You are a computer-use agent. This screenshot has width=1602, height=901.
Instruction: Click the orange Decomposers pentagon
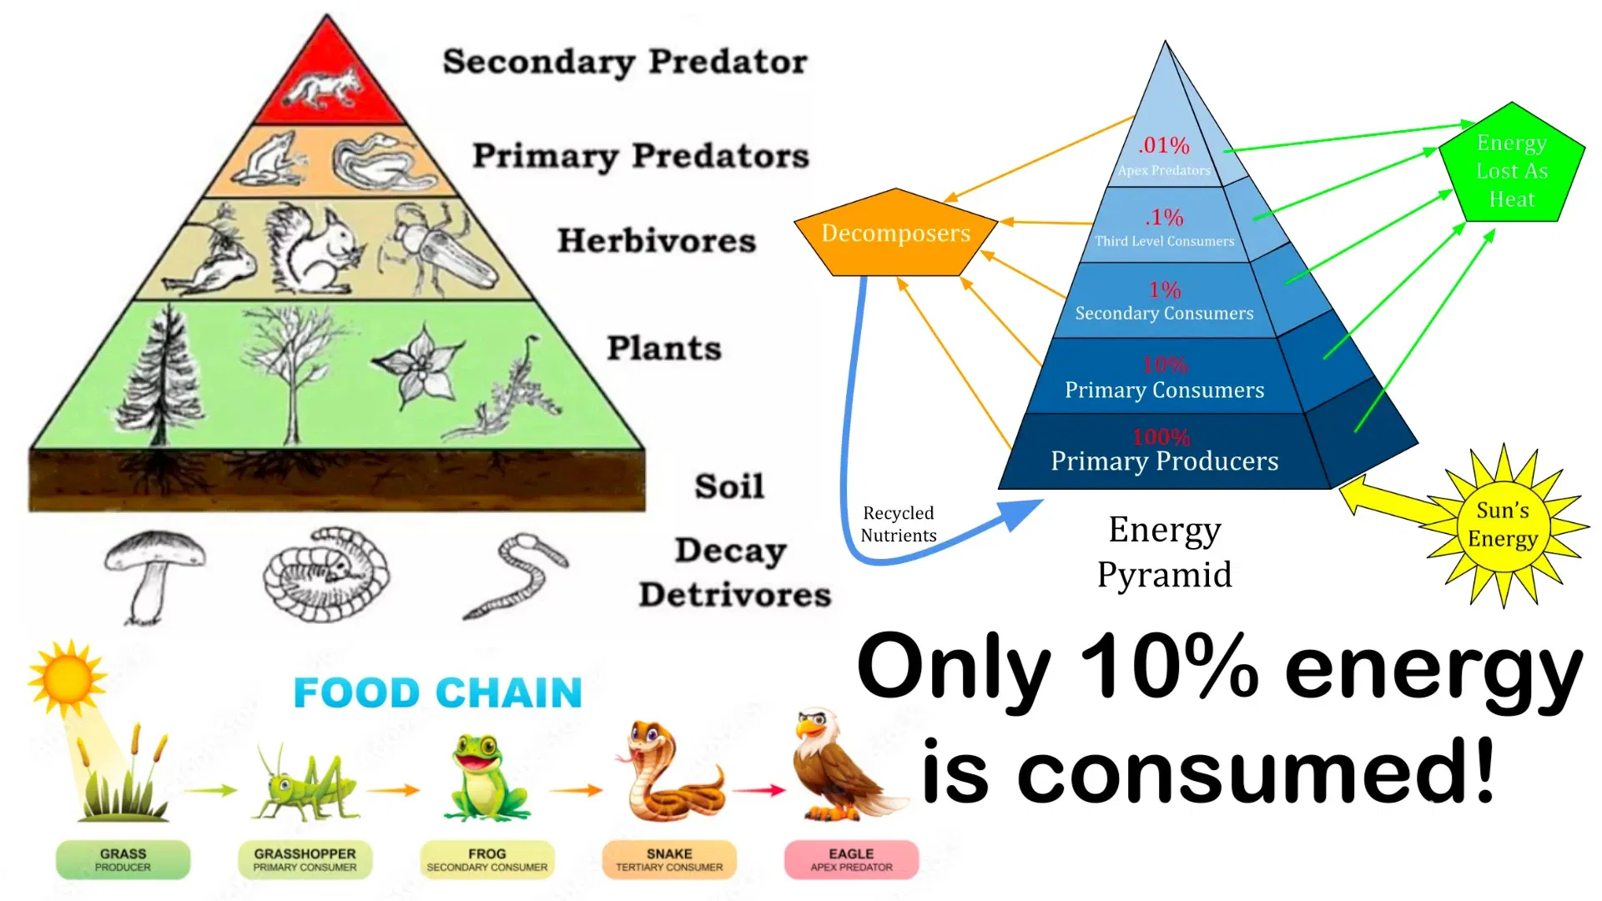[895, 234]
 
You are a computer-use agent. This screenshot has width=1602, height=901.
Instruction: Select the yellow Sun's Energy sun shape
[1503, 525]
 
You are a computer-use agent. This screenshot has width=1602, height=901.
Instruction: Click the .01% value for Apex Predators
[1164, 146]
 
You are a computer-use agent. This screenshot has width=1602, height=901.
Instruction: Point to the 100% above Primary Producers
[1161, 436]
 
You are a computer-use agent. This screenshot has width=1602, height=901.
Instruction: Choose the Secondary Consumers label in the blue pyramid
[1164, 314]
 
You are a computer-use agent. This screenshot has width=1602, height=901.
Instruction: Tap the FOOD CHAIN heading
[438, 693]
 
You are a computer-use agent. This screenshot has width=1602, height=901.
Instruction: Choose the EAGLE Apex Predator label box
[851, 859]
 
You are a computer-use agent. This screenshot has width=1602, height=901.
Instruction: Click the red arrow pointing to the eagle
[758, 789]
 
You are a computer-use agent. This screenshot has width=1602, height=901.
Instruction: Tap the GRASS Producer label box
[123, 859]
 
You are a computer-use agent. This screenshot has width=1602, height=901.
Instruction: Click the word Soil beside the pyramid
[729, 486]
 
